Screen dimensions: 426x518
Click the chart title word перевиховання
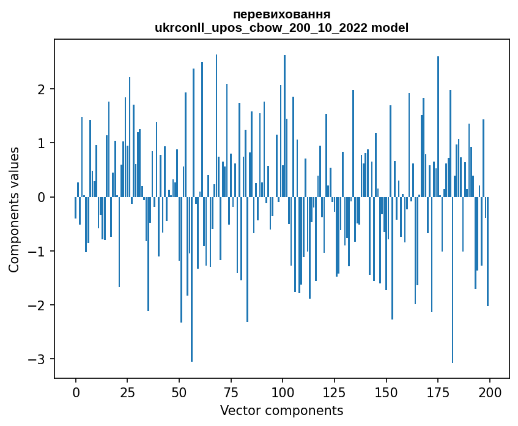(x=282, y=14)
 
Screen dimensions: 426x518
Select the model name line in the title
(x=282, y=28)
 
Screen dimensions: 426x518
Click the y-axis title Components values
(x=13, y=209)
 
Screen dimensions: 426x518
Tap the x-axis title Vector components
(x=281, y=410)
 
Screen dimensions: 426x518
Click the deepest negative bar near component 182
(x=453, y=282)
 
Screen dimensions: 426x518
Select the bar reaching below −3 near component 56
(x=191, y=282)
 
